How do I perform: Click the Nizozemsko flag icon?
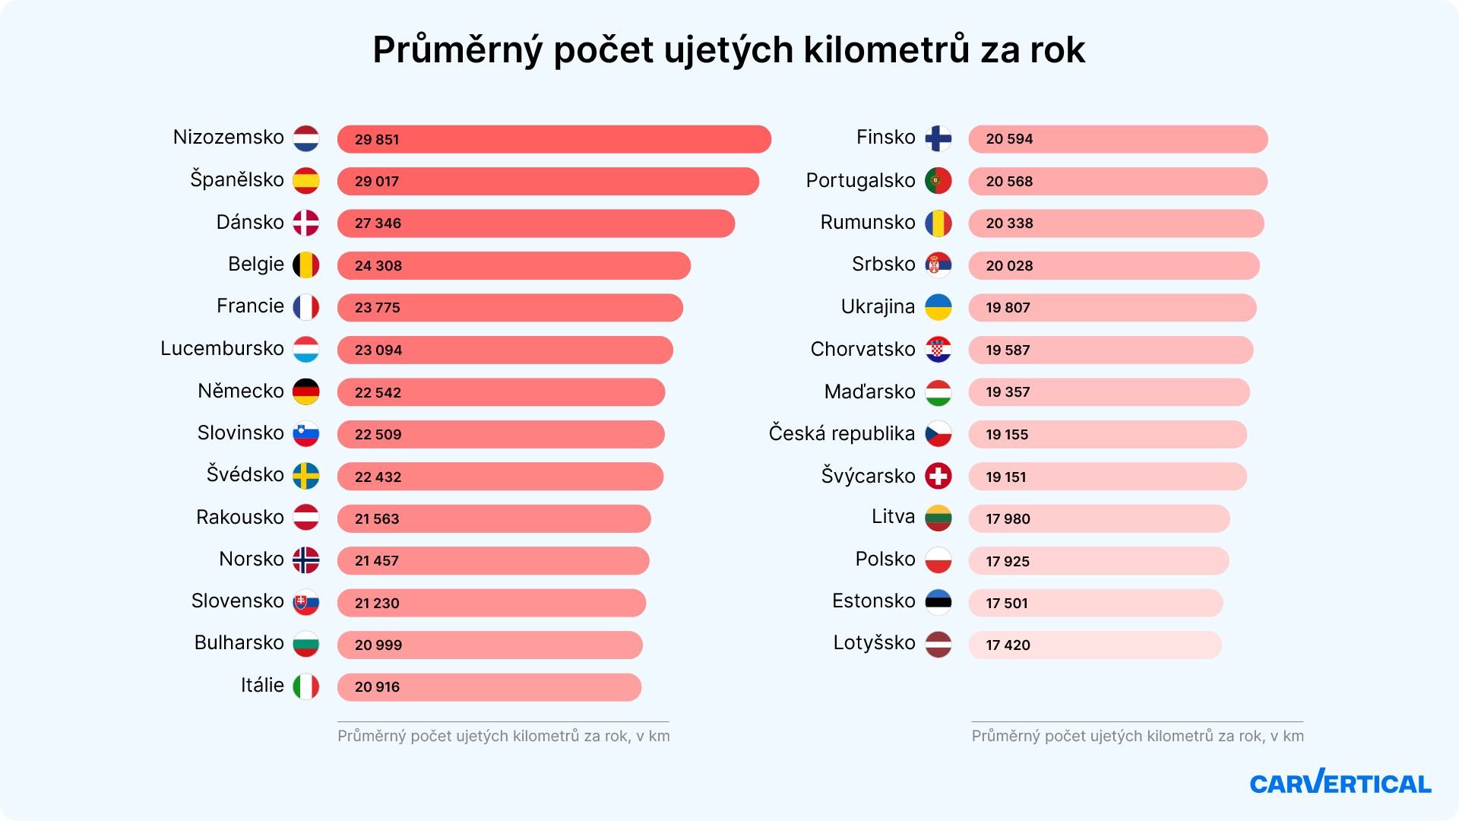click(x=306, y=138)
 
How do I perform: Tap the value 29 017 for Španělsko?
click(x=377, y=182)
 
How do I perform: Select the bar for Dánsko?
click(x=536, y=223)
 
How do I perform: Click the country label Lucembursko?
click(x=222, y=349)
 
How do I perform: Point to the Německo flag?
click(x=306, y=391)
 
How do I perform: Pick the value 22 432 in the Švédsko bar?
click(x=378, y=477)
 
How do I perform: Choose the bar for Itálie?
click(x=489, y=687)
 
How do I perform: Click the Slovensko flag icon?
click(x=306, y=602)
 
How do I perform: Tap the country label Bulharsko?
click(x=239, y=643)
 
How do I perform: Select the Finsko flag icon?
click(x=938, y=138)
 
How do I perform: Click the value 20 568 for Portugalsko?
click(x=1009, y=182)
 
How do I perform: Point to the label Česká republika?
click(x=841, y=434)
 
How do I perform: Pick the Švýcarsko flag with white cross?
click(x=938, y=477)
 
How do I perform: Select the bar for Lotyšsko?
click(x=1094, y=645)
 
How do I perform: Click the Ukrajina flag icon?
click(x=938, y=307)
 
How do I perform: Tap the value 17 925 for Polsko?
click(x=1008, y=562)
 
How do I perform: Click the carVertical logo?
click(x=1340, y=782)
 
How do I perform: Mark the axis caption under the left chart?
click(x=503, y=736)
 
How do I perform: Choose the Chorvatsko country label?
click(x=862, y=350)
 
